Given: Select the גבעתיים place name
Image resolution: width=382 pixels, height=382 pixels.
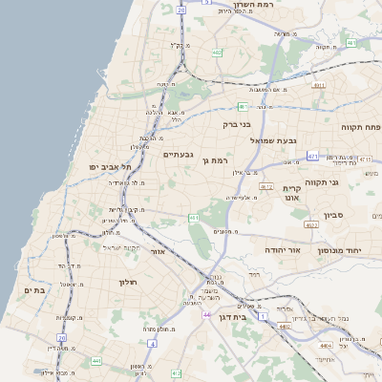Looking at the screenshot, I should (x=179, y=154).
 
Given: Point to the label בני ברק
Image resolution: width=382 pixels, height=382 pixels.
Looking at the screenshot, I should (x=236, y=123).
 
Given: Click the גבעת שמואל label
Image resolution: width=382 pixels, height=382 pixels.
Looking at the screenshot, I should (x=255, y=140).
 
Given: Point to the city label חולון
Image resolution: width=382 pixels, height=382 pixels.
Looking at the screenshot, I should (x=129, y=282).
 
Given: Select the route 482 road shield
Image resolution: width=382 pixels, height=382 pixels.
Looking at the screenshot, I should (x=218, y=53).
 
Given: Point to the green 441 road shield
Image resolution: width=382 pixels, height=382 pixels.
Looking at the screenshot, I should (x=95, y=360).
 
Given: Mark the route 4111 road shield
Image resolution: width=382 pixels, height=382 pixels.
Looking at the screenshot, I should (x=318, y=85).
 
